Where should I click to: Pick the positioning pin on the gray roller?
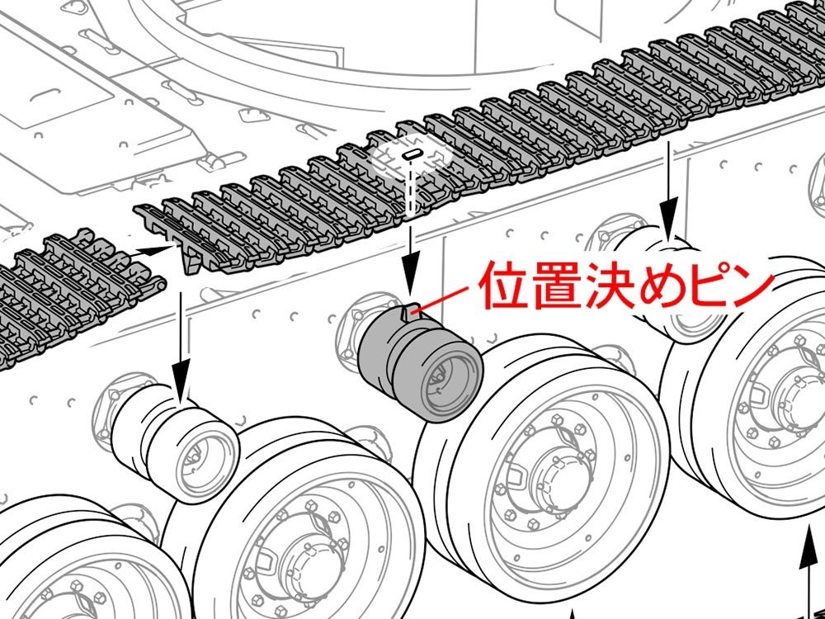(409, 312)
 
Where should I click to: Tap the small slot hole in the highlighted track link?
(412, 155)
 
